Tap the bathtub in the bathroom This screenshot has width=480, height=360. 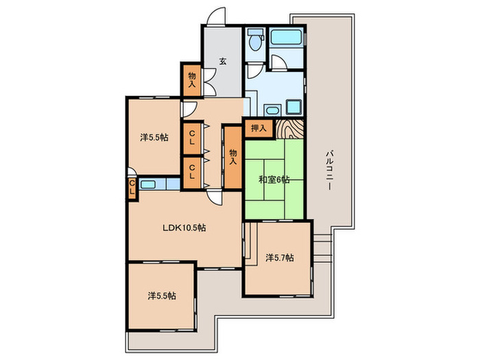pyautogui.click(x=287, y=37)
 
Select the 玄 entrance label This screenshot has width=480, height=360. pyautogui.click(x=223, y=61)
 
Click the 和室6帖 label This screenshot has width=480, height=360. pyautogui.click(x=274, y=180)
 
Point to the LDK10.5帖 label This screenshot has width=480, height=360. pyautogui.click(x=184, y=228)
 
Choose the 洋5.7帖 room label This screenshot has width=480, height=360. pyautogui.click(x=280, y=258)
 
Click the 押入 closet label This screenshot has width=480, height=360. pyautogui.click(x=259, y=128)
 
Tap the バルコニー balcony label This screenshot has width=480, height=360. pyautogui.click(x=329, y=169)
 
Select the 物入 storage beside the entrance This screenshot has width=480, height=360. pyautogui.click(x=192, y=80)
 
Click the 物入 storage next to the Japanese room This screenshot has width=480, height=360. pyautogui.click(x=233, y=157)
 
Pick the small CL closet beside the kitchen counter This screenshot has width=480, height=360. pyautogui.click(x=132, y=188)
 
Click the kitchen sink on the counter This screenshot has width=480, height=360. pyautogui.click(x=147, y=184)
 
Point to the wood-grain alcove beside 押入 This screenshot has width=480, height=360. pyautogui.click(x=289, y=129)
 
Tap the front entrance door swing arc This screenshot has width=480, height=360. pyautogui.click(x=215, y=15)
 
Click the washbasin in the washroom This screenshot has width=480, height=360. pyautogui.click(x=272, y=110)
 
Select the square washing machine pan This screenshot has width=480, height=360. pyautogui.click(x=293, y=107)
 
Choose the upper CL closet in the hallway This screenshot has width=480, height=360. pyautogui.click(x=192, y=138)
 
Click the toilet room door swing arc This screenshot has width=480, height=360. pyautogui.click(x=254, y=71)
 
